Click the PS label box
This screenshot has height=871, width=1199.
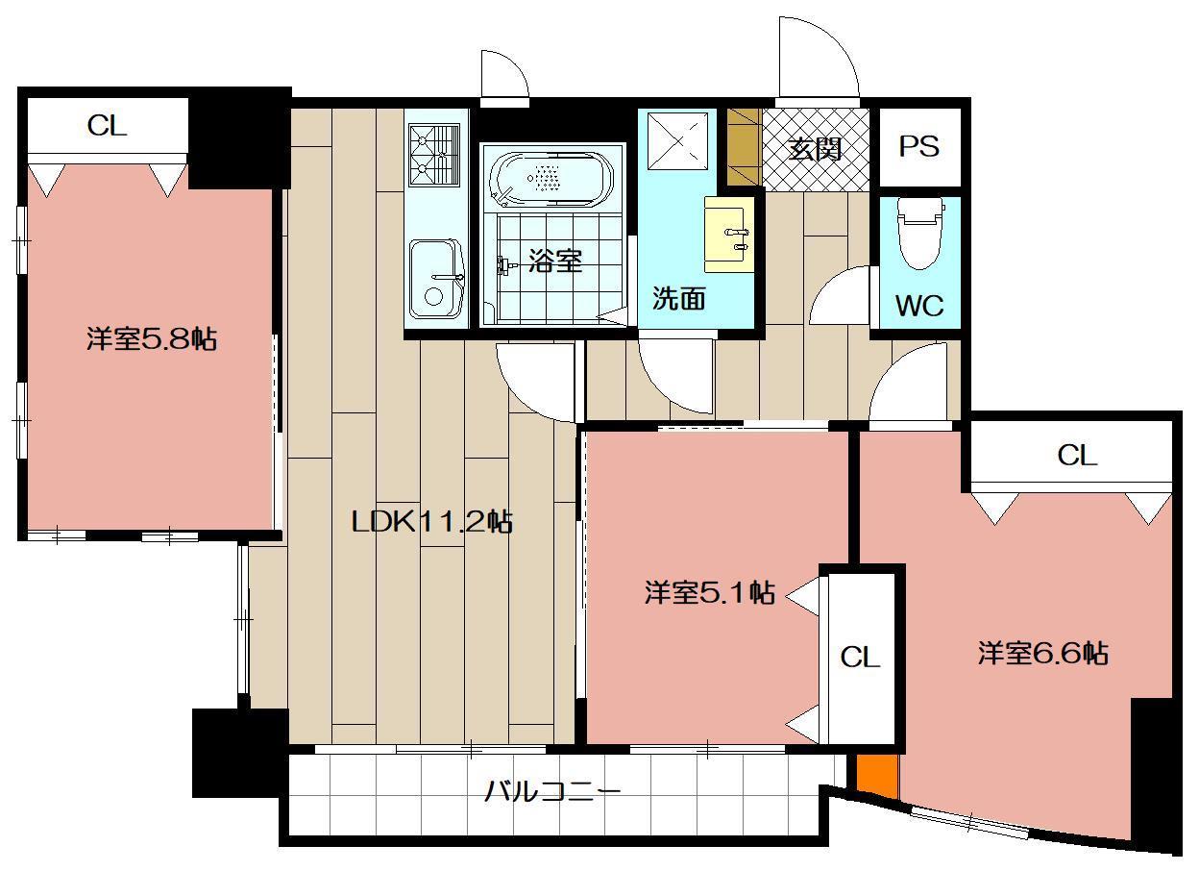point(918,147)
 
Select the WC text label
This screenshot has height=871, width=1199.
point(918,306)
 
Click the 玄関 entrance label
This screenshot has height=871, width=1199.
point(816,149)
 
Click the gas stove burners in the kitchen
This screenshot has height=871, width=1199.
point(436,156)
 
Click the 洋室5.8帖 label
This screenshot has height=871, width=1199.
point(151,338)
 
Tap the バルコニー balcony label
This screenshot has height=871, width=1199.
point(551,792)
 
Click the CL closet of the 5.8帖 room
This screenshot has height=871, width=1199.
point(107,126)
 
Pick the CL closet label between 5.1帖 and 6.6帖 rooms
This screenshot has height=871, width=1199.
point(860,658)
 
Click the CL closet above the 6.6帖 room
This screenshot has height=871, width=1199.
point(1076,456)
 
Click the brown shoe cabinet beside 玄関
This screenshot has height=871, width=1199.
point(744,147)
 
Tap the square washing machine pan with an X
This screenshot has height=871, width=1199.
point(677,142)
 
